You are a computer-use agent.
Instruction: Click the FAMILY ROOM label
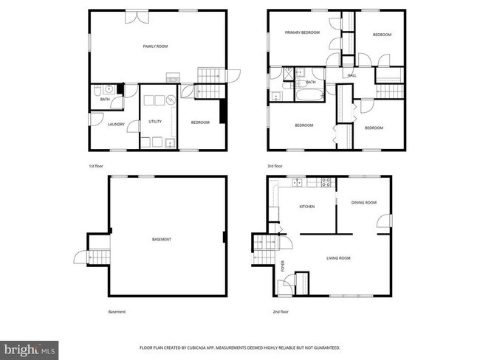pyautogui.click(x=156, y=46)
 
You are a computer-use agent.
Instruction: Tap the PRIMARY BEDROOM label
pyautogui.click(x=304, y=32)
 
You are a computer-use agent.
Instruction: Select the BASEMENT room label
pyautogui.click(x=162, y=239)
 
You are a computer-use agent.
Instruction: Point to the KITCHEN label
pyautogui.click(x=306, y=207)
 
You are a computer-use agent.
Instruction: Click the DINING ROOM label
pyautogui.click(x=363, y=202)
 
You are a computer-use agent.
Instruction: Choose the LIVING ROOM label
pyautogui.click(x=339, y=257)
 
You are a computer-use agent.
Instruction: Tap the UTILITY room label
pyautogui.click(x=155, y=121)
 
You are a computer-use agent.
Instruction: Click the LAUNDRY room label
pyautogui.click(x=116, y=125)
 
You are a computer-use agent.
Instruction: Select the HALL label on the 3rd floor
pyautogui.click(x=352, y=75)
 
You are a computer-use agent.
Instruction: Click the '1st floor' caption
pyautogui.click(x=96, y=167)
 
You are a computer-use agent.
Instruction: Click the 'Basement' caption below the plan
pyautogui.click(x=117, y=311)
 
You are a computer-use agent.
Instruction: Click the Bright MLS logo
pyautogui.click(x=30, y=347)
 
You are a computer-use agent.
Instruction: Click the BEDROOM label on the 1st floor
pyautogui.click(x=200, y=122)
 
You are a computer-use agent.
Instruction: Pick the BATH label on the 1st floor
pyautogui.click(x=105, y=100)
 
